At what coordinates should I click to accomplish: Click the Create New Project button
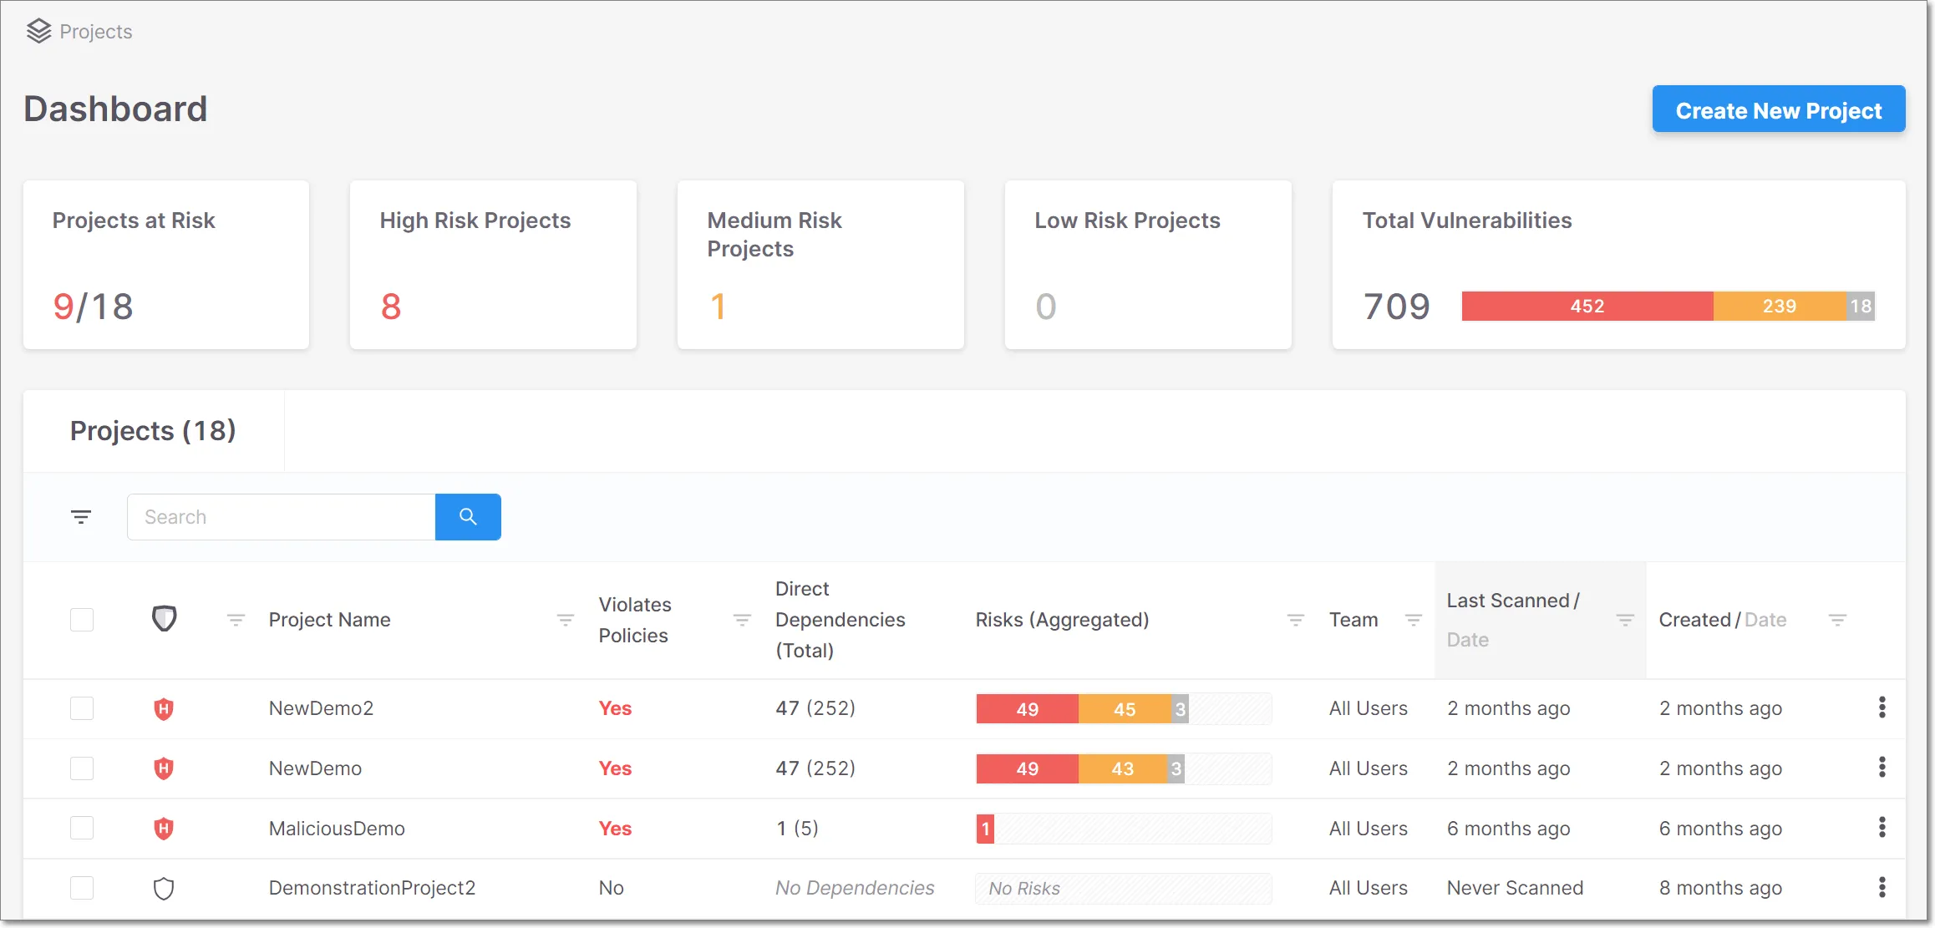click(1778, 109)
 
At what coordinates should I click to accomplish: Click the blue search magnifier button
click(468, 517)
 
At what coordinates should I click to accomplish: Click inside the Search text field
click(281, 517)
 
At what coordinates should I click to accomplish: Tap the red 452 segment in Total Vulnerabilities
click(1587, 307)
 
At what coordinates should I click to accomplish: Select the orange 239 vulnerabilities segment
click(1779, 307)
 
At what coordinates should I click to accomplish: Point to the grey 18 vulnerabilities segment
click(1861, 307)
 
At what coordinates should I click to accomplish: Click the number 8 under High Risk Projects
click(391, 307)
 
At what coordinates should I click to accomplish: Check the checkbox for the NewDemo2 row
click(82, 708)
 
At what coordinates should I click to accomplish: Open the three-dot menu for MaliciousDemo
click(1882, 828)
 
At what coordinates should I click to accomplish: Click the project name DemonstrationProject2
click(372, 888)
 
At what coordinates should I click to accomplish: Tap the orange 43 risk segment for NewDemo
click(1122, 768)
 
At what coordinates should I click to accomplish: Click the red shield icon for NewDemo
click(164, 768)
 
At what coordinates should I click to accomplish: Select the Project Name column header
click(329, 620)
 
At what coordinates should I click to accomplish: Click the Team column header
click(1353, 620)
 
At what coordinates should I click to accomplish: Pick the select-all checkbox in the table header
click(82, 620)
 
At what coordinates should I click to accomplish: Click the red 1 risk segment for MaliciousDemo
click(985, 829)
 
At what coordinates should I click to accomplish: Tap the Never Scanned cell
click(1515, 888)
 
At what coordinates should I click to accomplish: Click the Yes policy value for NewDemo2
click(615, 708)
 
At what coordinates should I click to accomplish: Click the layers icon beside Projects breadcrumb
click(38, 32)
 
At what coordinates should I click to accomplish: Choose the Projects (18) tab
click(153, 431)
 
